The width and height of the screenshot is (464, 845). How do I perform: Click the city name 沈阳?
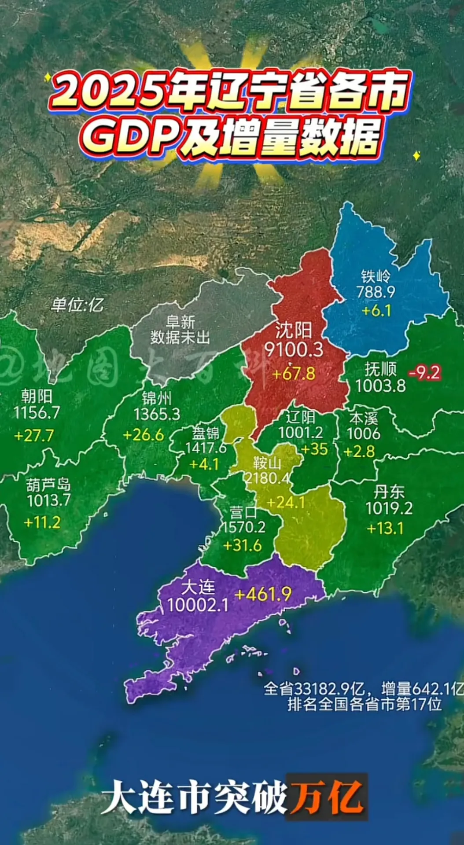294,330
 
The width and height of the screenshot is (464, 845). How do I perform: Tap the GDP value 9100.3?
294,349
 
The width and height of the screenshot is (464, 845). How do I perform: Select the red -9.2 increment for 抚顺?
424,373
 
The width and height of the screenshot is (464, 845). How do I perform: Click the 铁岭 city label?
376,276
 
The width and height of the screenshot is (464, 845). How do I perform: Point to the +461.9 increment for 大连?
263,594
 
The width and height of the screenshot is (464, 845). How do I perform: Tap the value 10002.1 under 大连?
198,605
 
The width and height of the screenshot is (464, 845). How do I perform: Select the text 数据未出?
180,338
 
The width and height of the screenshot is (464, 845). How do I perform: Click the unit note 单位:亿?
77,305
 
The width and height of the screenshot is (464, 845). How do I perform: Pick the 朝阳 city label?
37,396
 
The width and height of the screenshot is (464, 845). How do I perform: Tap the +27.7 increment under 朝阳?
34,436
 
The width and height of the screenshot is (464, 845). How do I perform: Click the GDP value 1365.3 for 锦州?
157,414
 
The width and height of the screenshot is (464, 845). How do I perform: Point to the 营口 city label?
243,513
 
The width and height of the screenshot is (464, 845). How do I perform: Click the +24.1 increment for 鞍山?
286,502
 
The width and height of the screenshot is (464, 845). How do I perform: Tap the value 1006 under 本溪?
363,434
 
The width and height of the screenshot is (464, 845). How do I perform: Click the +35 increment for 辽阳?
314,449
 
